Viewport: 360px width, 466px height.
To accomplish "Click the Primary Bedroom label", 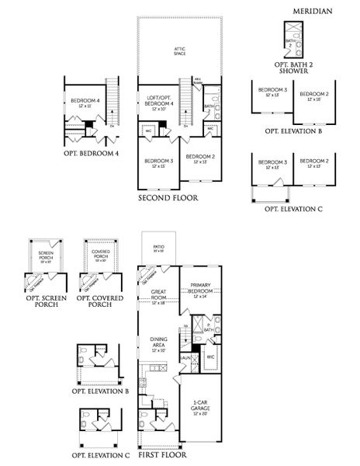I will (201, 290).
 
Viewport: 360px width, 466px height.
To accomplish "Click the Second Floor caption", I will (168, 198).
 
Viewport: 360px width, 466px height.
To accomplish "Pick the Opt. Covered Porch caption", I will (100, 300).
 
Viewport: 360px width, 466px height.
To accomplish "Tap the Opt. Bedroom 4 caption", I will (92, 154).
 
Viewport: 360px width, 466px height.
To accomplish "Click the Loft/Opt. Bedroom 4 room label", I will (159, 101).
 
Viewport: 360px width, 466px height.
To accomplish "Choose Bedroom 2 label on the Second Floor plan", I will (201, 158).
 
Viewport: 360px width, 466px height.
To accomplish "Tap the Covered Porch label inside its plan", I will (100, 255).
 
